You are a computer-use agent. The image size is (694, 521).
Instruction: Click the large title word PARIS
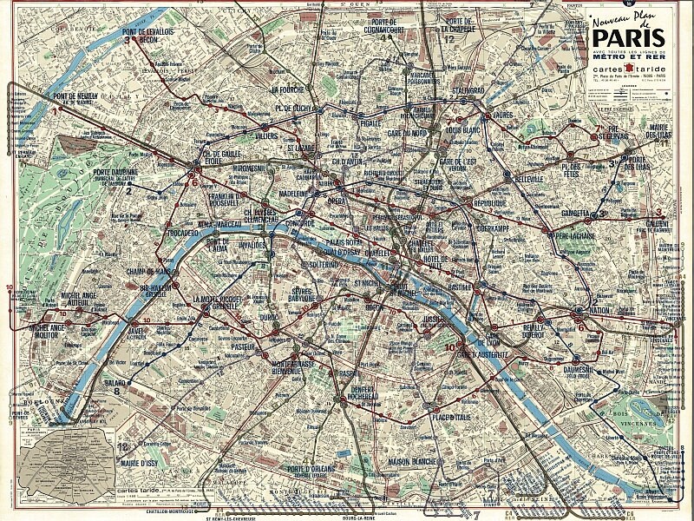tap(628, 37)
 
